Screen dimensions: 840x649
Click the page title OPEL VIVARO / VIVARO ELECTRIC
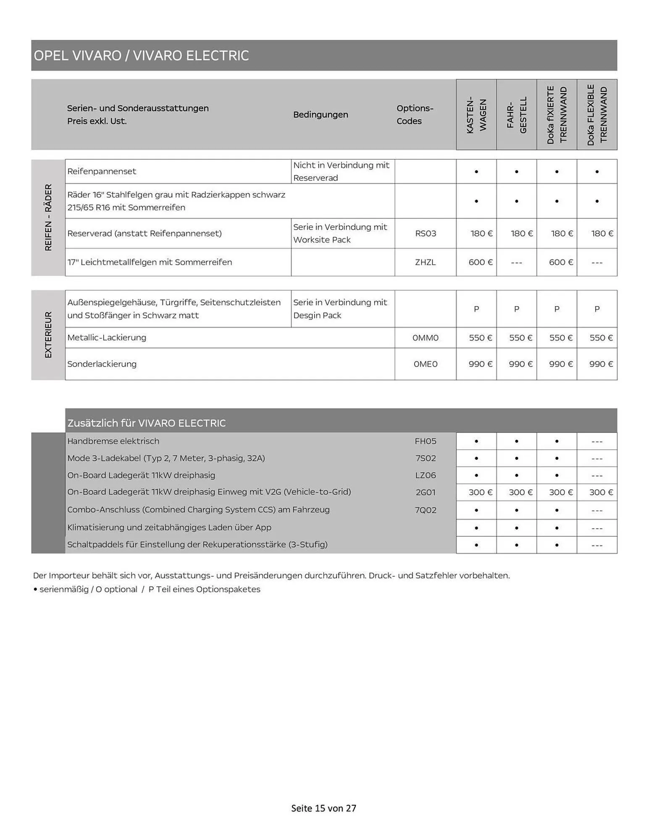coord(141,55)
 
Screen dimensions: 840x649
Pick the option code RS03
coord(426,234)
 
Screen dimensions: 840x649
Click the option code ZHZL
coord(426,262)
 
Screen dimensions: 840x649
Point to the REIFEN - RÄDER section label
coord(48,218)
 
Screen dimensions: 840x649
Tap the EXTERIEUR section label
coord(48,335)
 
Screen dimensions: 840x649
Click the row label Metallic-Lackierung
coord(107,338)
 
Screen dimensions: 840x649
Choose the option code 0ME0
coord(426,364)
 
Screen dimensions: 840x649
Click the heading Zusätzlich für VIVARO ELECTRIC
coord(146,423)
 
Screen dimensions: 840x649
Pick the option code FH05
coord(426,441)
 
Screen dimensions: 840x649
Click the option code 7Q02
coord(426,510)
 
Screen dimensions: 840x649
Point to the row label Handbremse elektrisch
coord(113,441)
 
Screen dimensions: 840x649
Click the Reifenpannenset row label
coord(102,171)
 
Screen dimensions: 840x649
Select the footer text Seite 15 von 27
coord(323,808)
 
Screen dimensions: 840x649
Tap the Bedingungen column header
coord(321,115)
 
